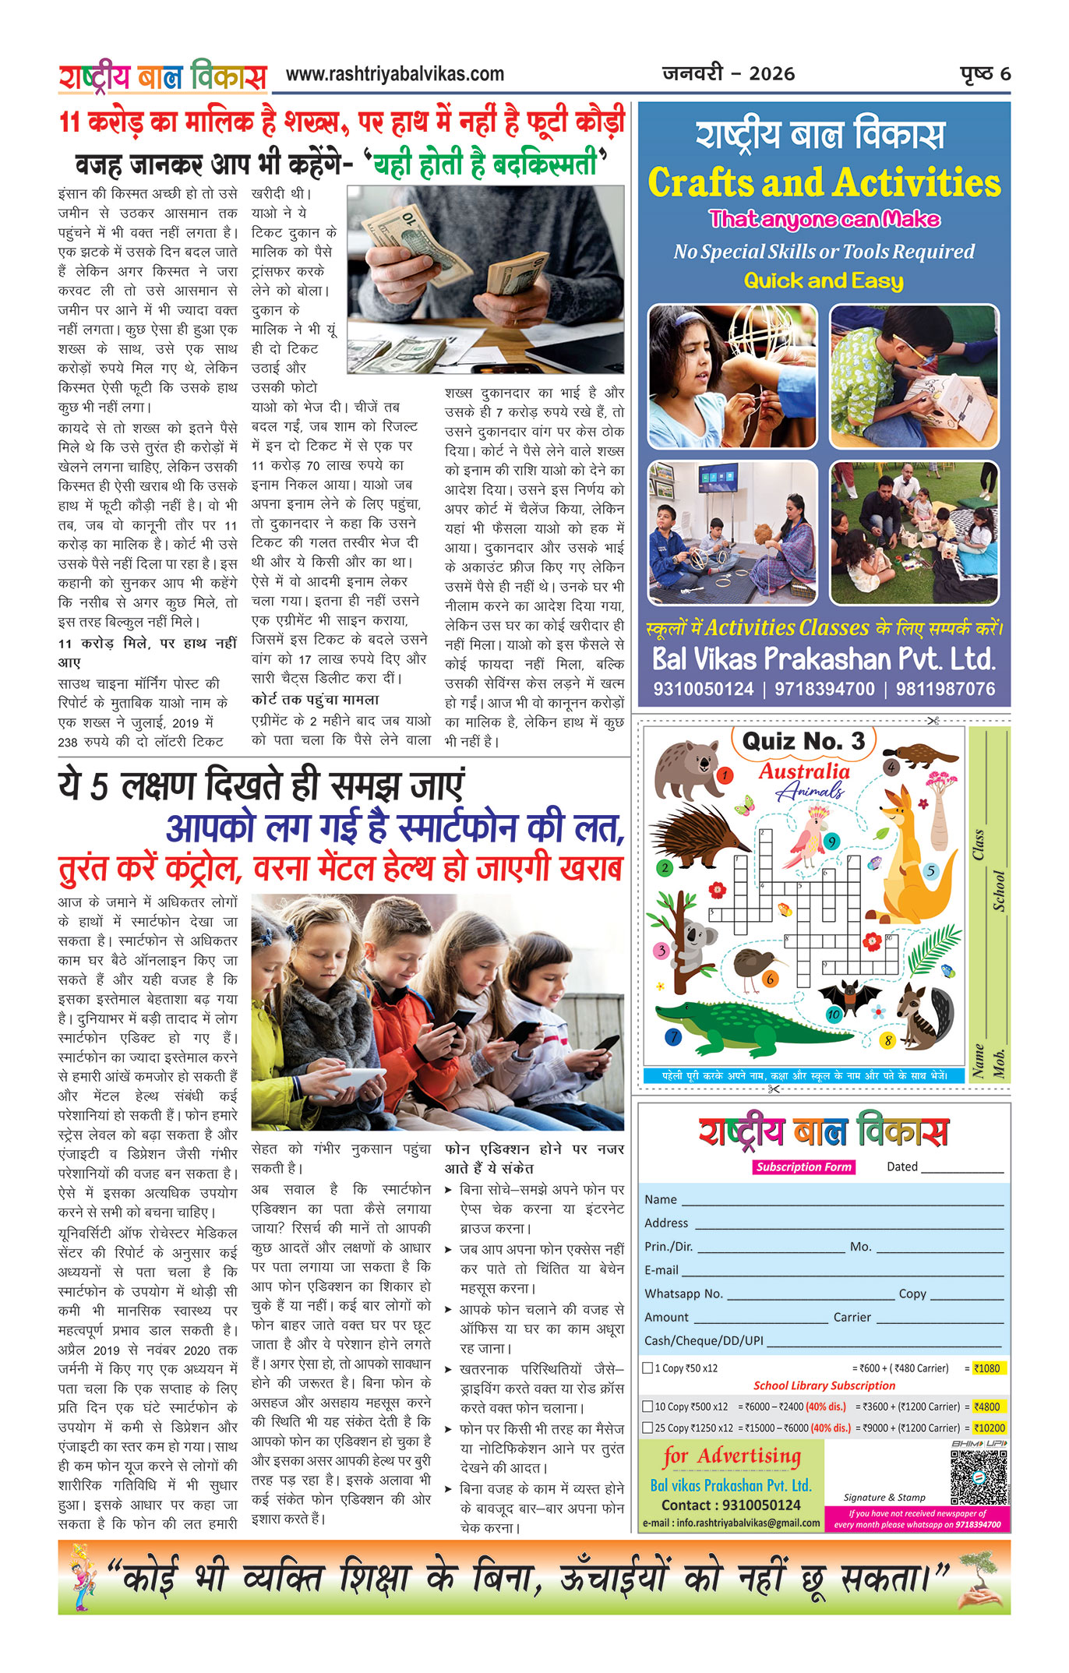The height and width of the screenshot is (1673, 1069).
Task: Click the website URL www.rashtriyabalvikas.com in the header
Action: [x=395, y=75]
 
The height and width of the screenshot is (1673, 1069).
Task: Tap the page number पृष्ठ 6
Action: [x=985, y=74]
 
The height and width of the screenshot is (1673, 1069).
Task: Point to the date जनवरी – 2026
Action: [x=729, y=74]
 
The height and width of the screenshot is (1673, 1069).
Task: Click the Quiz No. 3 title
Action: [x=803, y=741]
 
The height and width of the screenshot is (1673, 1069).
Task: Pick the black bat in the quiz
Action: [x=848, y=998]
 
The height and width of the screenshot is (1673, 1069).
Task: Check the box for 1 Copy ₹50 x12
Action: [x=647, y=1368]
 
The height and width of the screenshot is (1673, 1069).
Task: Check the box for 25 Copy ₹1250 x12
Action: [x=647, y=1428]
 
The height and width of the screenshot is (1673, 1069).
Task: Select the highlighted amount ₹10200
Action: [x=990, y=1428]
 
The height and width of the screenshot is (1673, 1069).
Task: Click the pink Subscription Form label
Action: [x=803, y=1167]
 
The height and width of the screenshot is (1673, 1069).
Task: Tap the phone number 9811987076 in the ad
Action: [x=945, y=690]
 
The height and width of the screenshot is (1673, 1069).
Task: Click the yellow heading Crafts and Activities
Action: [x=824, y=183]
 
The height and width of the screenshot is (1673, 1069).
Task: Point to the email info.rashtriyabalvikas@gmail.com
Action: [x=731, y=1523]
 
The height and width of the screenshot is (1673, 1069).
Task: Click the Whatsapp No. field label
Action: [x=683, y=1294]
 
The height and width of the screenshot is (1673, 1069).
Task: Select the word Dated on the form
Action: [x=902, y=1167]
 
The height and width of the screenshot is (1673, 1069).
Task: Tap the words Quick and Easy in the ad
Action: [x=824, y=281]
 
